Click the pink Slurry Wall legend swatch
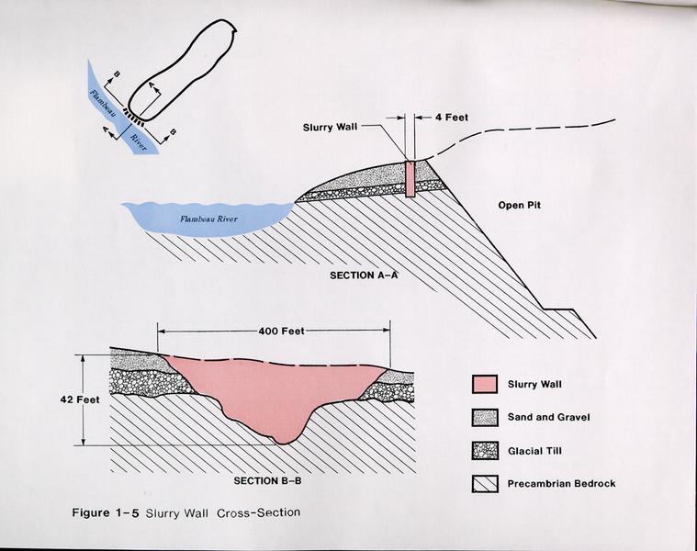click(x=485, y=385)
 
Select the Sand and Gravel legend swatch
click(x=485, y=418)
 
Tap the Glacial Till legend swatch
click(x=485, y=451)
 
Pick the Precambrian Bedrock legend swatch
click(x=485, y=484)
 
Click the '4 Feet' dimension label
click(x=451, y=118)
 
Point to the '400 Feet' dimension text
click(x=281, y=331)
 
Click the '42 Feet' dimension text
click(x=80, y=399)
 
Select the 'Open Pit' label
click(x=519, y=206)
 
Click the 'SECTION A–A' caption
click(x=364, y=275)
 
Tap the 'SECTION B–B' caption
click(x=267, y=481)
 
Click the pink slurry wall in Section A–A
click(x=410, y=179)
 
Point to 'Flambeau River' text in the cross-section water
click(x=208, y=219)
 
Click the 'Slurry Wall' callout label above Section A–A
click(x=330, y=128)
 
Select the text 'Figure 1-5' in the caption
click(x=106, y=512)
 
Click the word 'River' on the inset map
click(x=139, y=142)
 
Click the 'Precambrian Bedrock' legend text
click(x=561, y=483)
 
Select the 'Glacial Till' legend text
click(x=534, y=451)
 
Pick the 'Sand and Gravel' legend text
click(x=549, y=417)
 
